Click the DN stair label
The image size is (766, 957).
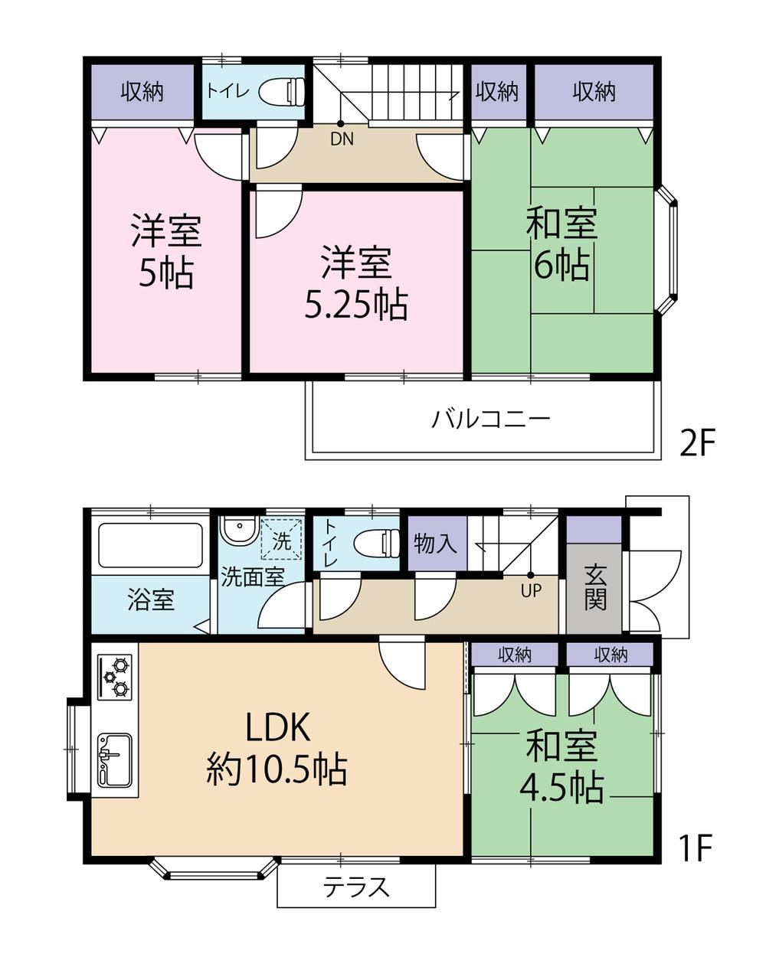[x=342, y=139]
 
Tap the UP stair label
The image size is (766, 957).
[x=531, y=590]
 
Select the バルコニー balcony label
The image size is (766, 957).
[x=490, y=420]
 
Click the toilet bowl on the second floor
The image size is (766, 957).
[x=285, y=91]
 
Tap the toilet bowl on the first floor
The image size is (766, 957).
[x=377, y=543]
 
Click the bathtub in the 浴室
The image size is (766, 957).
[x=150, y=546]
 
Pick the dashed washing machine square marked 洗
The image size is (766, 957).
[x=281, y=541]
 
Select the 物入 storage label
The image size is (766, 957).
[x=435, y=544]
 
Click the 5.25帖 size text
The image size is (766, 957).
[x=356, y=306]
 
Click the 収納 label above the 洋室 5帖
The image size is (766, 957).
[x=142, y=92]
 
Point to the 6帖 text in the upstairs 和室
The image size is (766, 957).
[x=561, y=266]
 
